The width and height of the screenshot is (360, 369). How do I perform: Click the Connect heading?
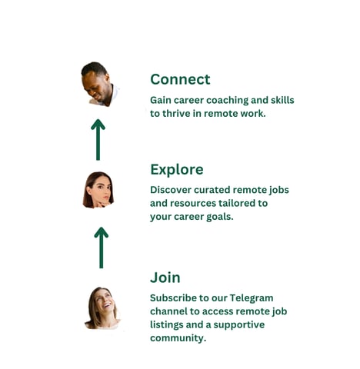(180, 79)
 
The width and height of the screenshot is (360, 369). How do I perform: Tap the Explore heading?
(177, 170)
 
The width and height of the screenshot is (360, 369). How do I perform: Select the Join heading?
(165, 278)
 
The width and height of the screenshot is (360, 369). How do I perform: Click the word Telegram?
(252, 298)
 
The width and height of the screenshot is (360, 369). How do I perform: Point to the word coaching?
(228, 101)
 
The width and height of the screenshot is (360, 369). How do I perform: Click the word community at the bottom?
(178, 338)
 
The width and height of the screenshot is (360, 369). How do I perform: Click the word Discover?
(171, 190)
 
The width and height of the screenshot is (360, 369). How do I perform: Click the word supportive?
(239, 325)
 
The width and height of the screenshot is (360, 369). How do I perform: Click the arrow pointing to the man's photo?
(98, 140)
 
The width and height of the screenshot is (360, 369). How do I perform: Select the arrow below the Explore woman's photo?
(102, 248)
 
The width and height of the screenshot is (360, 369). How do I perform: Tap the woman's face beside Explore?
(99, 191)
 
